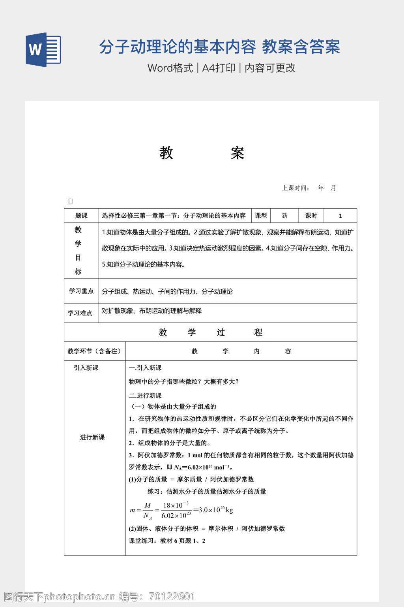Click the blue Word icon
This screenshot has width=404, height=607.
click(43, 49)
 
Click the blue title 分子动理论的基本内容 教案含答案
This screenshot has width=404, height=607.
click(219, 47)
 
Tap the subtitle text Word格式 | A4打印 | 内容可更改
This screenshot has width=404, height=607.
click(221, 68)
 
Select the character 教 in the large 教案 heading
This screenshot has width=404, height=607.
click(166, 153)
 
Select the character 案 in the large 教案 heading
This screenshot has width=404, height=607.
click(238, 153)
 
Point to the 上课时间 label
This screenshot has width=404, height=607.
click(296, 188)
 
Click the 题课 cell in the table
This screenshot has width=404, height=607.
click(81, 216)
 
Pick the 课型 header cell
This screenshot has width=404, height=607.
click(261, 216)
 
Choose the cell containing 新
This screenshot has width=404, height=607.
click(284, 216)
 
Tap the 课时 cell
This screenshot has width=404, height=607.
click(311, 216)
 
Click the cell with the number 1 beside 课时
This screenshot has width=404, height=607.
click(340, 216)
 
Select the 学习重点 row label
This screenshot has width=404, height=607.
click(81, 291)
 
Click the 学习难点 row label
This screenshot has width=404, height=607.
click(80, 313)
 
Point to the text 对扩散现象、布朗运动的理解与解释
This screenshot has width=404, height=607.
click(152, 311)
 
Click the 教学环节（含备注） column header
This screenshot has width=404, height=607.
click(95, 351)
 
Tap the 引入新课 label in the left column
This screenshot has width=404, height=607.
click(86, 368)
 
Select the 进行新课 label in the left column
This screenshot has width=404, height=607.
click(92, 437)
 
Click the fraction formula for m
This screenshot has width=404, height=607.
click(181, 510)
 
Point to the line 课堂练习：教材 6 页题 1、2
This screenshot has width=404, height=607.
click(167, 541)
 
